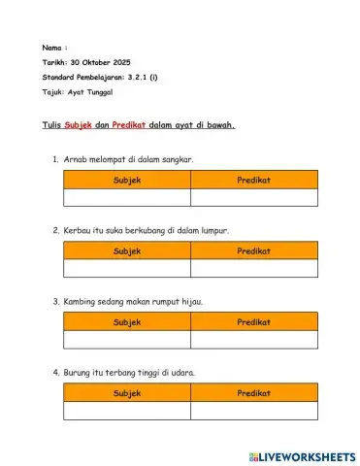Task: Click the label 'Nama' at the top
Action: coord(52,47)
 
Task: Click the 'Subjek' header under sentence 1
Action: coord(127,180)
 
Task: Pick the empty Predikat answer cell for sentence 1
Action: coord(254,198)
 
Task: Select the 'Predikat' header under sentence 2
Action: coord(254,250)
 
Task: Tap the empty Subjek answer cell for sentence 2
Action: coord(127,269)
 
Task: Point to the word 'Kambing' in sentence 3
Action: coord(82,301)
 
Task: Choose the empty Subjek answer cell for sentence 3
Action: coord(127,340)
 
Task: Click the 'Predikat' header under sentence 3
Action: coord(254,321)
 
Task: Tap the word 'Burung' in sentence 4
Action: coord(79,373)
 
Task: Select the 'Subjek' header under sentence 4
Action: coord(127,393)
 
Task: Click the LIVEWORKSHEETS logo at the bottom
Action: coord(302,455)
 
